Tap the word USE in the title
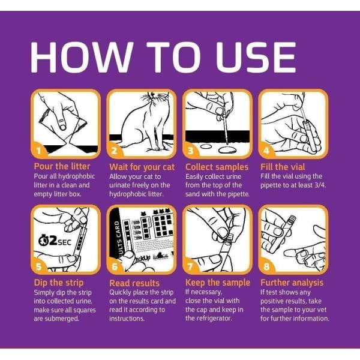[256, 57]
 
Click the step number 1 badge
[39, 151]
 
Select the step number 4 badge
[266, 151]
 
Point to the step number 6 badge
[115, 266]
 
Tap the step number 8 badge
[266, 266]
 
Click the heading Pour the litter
[62, 166]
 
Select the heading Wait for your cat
[142, 167]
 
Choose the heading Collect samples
[217, 167]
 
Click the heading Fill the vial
[283, 167]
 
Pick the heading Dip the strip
[59, 283]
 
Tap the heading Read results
[134, 283]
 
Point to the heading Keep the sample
[218, 283]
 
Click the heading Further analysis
[292, 283]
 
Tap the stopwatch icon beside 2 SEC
[43, 241]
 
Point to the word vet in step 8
[321, 310]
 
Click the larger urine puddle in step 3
[227, 150]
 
